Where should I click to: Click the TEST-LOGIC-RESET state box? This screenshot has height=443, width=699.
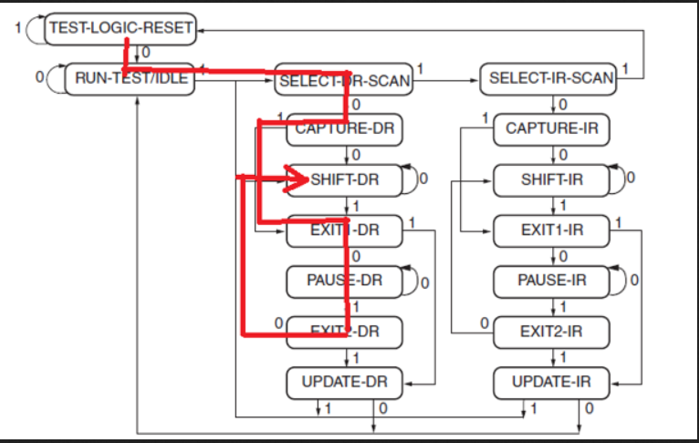(120, 27)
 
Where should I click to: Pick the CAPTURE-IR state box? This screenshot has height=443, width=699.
(551, 129)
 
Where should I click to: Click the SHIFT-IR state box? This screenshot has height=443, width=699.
(551, 180)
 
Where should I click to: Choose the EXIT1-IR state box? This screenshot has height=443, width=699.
(551, 230)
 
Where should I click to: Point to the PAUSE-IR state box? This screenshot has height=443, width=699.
(551, 280)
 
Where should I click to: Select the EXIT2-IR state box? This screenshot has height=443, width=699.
(551, 331)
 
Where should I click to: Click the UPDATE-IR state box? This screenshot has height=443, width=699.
(551, 382)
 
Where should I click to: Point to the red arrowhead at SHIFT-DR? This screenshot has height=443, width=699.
(298, 180)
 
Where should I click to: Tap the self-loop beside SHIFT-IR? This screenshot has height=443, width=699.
(622, 179)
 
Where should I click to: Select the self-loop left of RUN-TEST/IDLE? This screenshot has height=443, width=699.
(53, 79)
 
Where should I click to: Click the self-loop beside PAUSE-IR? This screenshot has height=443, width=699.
(622, 280)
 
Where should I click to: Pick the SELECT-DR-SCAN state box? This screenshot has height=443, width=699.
(343, 80)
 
